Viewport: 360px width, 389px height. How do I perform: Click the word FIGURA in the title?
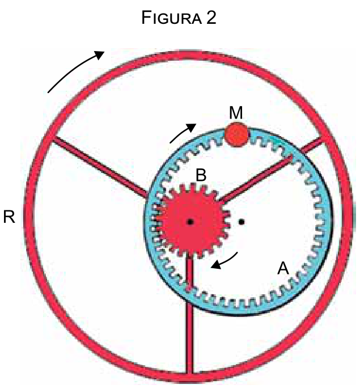click(171, 18)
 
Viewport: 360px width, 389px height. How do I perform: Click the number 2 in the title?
click(211, 18)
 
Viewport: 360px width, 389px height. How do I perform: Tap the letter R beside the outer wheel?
click(9, 217)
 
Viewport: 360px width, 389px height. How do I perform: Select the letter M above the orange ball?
click(236, 113)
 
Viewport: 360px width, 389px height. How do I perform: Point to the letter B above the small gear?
click(201, 175)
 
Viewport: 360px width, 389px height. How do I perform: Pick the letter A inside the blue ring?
click(283, 268)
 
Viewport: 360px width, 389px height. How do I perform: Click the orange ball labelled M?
click(236, 134)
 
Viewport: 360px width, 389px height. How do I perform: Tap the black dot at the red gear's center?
click(190, 222)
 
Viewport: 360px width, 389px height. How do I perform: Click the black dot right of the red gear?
click(242, 222)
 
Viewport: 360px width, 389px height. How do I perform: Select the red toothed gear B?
click(193, 221)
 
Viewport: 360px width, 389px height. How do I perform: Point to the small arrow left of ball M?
click(183, 132)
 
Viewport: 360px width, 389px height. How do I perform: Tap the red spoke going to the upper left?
click(100, 167)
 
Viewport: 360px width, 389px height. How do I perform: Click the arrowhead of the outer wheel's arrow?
click(99, 54)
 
